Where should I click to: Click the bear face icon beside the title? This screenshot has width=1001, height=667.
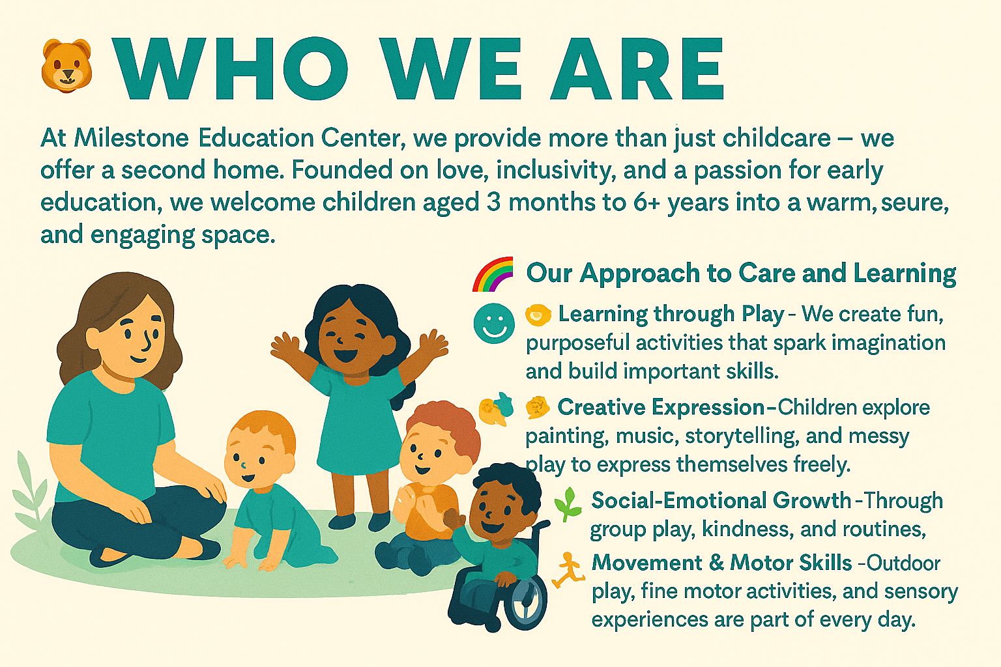pyautogui.click(x=66, y=66)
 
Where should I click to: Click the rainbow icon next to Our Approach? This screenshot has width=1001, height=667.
pyautogui.click(x=493, y=274)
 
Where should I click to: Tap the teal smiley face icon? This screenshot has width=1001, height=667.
pyautogui.click(x=494, y=324)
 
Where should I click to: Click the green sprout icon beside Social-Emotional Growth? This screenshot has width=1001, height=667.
pyautogui.click(x=568, y=504)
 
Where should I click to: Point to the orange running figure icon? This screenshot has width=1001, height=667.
pyautogui.click(x=568, y=570)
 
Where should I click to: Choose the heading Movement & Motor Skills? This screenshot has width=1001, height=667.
pyautogui.click(x=721, y=563)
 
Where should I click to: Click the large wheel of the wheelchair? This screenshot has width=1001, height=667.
pyautogui.click(x=526, y=603)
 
